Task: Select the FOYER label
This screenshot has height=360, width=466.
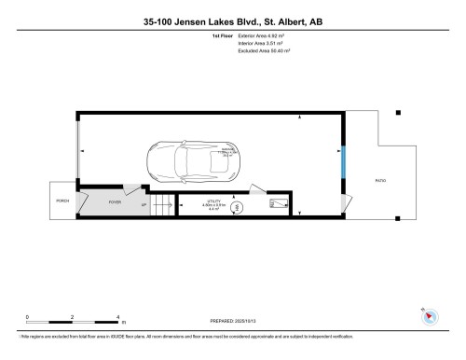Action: point(115,201)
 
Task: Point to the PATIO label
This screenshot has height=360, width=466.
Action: point(379,179)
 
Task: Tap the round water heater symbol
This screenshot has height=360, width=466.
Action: point(237,207)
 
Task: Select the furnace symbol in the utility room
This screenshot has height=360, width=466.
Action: point(273,202)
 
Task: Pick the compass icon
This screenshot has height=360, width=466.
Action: point(429,315)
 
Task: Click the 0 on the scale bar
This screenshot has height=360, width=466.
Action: point(27,317)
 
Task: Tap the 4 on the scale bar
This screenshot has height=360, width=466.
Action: point(117,317)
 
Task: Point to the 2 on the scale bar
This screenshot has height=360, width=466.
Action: point(73,317)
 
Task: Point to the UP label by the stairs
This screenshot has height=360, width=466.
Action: point(144,205)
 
